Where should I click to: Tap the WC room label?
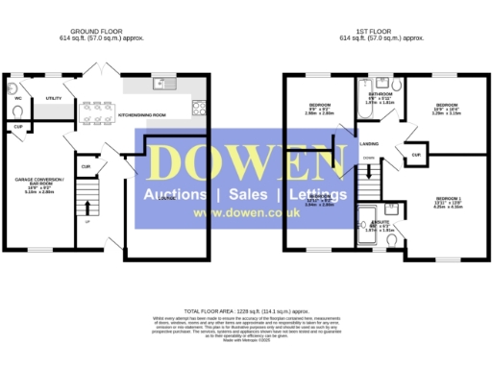coord(18,98)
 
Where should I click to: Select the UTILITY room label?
coord(55,98)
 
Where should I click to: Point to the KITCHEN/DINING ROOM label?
coord(141,114)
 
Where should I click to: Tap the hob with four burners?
coord(198,107)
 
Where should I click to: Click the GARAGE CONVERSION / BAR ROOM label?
coord(39,183)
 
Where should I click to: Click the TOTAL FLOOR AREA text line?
coord(245,312)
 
